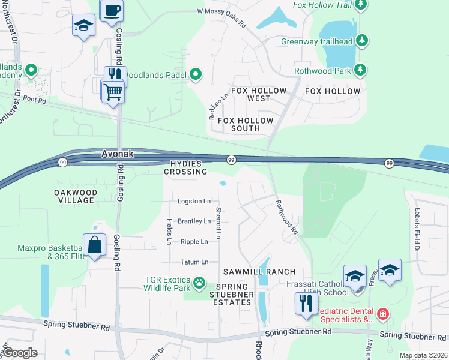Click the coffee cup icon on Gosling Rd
[x=112, y=10]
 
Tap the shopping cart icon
[x=113, y=92]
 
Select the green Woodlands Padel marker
[x=196, y=75]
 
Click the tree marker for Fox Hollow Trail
[x=361, y=5]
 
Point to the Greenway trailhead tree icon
[x=361, y=41]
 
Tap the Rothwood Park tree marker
[x=360, y=70]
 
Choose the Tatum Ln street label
[x=194, y=262]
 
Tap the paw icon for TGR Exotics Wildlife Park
[x=199, y=281]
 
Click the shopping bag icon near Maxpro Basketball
[x=95, y=245]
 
